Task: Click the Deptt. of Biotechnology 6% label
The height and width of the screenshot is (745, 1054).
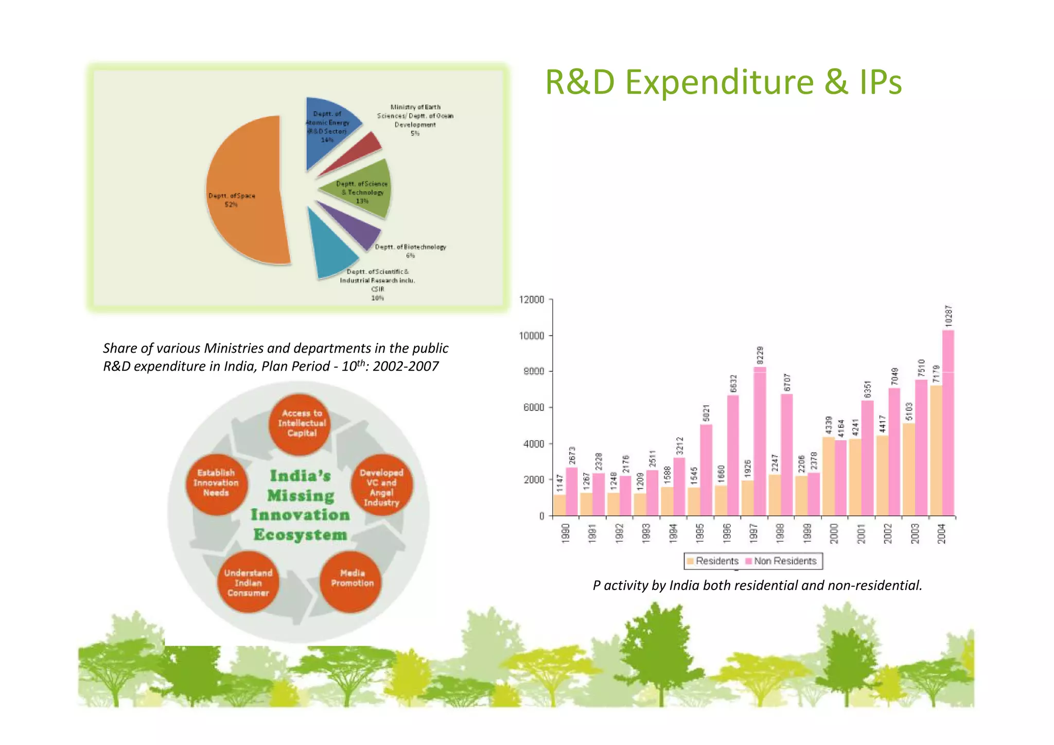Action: tap(410, 251)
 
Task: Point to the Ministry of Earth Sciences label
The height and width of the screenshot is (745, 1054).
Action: tap(415, 120)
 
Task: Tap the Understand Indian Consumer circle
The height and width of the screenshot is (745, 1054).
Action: tap(248, 583)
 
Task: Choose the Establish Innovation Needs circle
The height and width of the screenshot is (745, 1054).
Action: tap(216, 483)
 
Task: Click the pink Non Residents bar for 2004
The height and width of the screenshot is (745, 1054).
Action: tap(948, 422)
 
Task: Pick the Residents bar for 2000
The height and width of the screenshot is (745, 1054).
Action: tap(828, 476)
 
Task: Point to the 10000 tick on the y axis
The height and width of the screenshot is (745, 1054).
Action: tap(531, 336)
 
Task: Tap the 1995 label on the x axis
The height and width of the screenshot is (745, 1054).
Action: tap(699, 533)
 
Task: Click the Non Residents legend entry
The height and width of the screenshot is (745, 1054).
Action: tap(781, 561)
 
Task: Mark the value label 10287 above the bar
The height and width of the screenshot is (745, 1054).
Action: tap(948, 315)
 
